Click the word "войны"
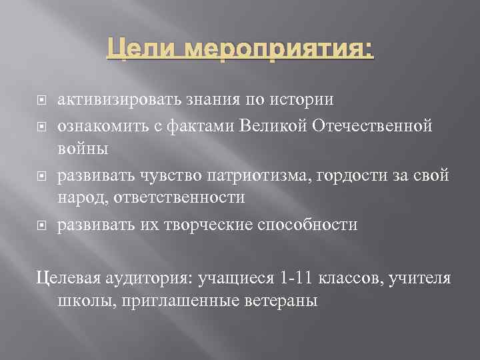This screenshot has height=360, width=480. click(x=83, y=148)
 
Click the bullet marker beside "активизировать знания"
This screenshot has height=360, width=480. click(x=41, y=101)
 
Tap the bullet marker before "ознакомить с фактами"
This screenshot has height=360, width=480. click(x=41, y=125)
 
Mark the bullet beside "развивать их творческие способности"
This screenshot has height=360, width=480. click(x=41, y=225)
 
